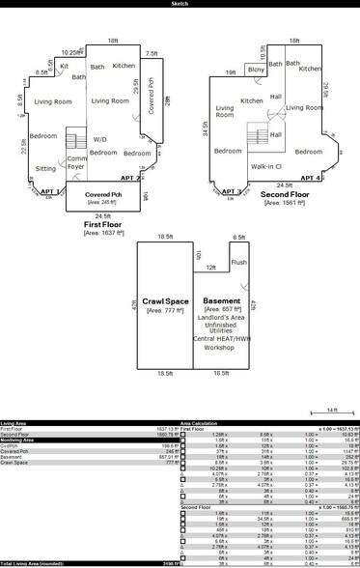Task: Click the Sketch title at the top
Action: click(180, 4)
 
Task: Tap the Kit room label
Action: click(64, 66)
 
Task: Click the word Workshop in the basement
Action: click(223, 346)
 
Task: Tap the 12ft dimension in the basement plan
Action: click(210, 268)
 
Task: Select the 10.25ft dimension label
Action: click(69, 52)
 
